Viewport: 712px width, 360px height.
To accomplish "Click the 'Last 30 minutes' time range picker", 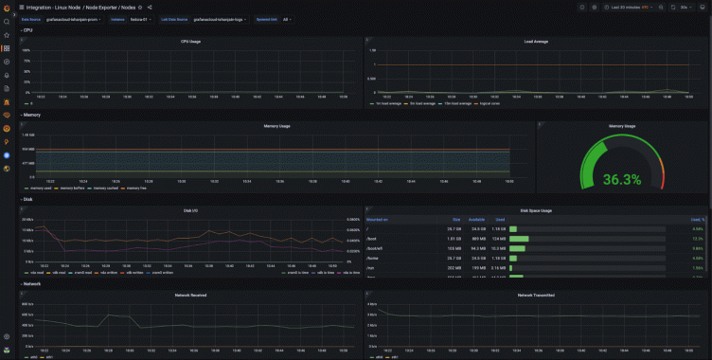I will coord(631,7).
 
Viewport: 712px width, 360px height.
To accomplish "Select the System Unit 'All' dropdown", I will coord(287,18).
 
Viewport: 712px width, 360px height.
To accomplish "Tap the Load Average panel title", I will coord(535,42).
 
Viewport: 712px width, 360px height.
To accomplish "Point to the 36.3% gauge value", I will coord(622,179).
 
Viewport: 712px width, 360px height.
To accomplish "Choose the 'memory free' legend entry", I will coord(136,188).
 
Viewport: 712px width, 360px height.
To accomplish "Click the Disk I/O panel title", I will coord(191,210).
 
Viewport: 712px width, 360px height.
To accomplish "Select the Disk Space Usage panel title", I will coord(535,210).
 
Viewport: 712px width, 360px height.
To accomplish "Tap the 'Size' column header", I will coord(455,219).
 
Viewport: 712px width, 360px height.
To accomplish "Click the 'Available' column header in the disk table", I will coord(477,219).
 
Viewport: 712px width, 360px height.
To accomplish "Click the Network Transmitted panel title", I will coord(535,296).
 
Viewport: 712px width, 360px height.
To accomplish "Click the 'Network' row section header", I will coord(32,283).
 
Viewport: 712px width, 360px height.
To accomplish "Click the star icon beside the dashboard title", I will coord(140,7).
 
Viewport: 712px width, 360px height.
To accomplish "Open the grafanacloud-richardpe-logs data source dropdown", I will coord(221,18).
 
